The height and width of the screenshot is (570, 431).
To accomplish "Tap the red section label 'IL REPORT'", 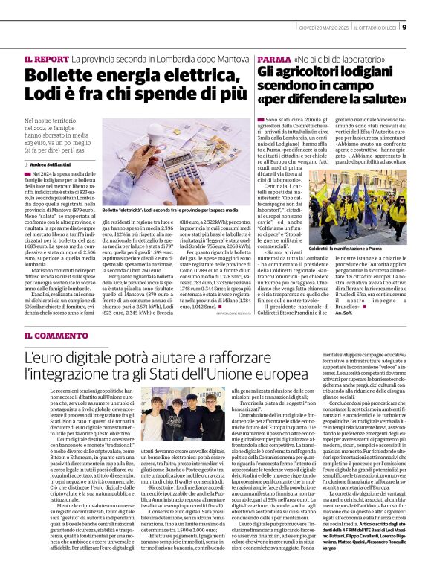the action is [46, 58].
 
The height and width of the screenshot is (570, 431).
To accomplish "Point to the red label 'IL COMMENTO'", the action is [56, 336].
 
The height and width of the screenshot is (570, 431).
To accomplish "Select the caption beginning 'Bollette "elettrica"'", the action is [163, 210].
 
